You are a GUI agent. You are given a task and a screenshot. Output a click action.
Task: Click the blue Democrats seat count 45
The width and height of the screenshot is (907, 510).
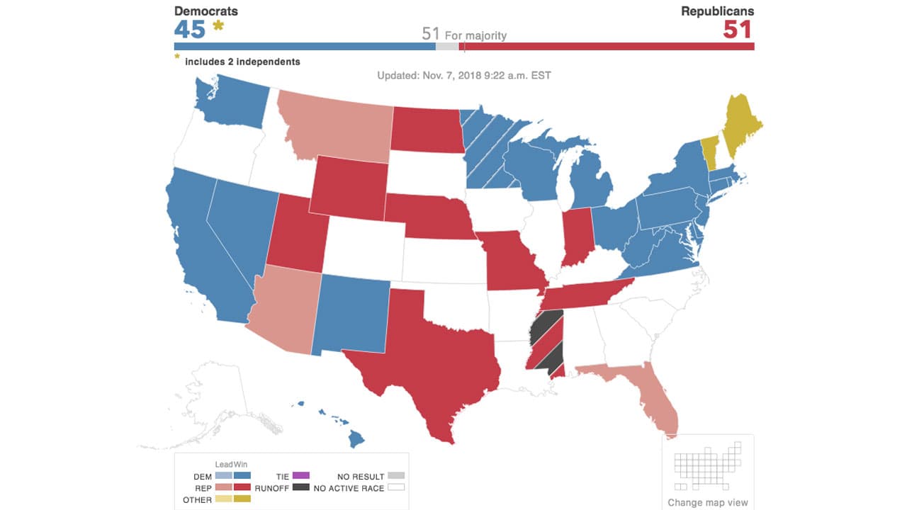coord(190,30)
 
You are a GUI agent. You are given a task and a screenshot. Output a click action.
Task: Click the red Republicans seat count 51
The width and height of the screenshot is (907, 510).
coord(738,30)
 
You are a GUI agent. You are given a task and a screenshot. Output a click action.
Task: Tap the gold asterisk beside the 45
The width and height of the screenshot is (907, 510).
coord(218,27)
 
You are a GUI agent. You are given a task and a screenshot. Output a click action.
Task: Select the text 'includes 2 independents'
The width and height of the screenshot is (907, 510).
coord(242,62)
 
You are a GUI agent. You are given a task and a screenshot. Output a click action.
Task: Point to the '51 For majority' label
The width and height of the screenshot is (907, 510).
coord(464,34)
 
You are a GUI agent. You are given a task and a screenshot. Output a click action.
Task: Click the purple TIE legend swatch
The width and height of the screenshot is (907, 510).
coord(300,475)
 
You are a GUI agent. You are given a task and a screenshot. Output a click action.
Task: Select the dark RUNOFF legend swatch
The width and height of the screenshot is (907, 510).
coord(300,487)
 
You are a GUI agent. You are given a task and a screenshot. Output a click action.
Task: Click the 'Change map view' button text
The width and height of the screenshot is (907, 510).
coord(707,503)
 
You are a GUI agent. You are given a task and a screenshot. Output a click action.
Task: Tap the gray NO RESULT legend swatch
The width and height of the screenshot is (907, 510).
coord(396,476)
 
